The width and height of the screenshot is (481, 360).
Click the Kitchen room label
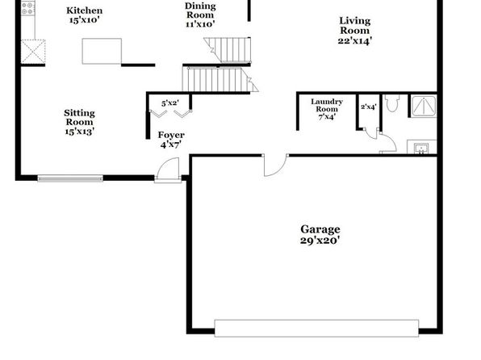point(85,15)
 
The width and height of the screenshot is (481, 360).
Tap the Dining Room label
point(200,15)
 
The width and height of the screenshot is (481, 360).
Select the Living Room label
point(355,31)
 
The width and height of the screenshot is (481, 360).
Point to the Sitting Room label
point(79,122)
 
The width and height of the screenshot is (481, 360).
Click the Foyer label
point(171,140)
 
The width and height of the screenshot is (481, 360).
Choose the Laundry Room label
point(327,109)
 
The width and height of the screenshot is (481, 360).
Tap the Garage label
point(320,234)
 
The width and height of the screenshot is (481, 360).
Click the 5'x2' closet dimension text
point(170,103)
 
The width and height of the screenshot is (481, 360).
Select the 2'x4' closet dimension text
point(369,107)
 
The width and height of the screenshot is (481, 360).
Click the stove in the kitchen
point(27,8)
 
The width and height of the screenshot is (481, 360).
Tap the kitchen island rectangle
point(102,51)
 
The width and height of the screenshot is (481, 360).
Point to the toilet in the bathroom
point(392,103)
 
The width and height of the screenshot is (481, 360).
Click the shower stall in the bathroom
point(424,107)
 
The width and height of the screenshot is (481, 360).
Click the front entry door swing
point(168,170)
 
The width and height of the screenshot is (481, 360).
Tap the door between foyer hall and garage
point(276,165)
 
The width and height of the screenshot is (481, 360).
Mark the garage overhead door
point(316,328)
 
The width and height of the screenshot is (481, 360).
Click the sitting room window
point(70,178)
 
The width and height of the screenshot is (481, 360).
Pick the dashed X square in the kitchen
point(33,52)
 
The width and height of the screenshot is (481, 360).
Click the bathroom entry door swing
point(388,142)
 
